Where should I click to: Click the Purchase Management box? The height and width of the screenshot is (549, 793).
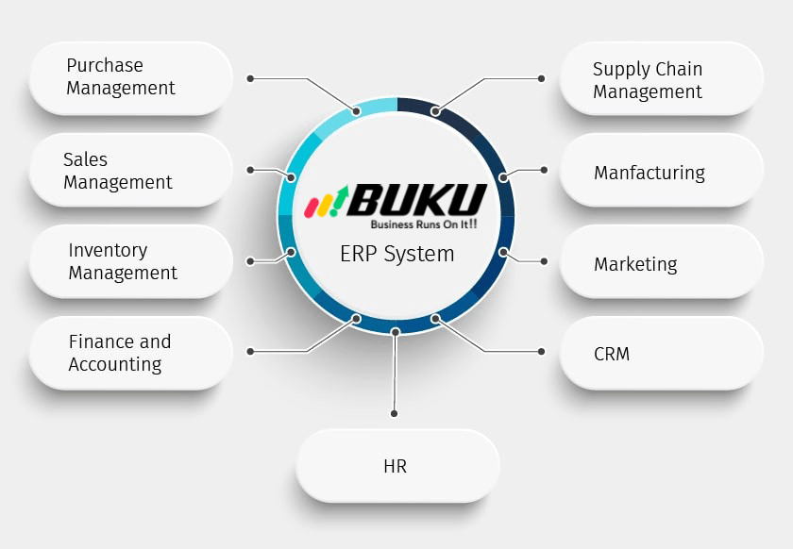130,78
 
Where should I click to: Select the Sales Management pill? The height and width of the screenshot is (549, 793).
130,171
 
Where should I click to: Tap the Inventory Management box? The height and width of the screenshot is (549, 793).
130,261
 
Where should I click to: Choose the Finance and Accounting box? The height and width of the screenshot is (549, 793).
130,353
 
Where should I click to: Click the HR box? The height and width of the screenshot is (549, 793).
396,466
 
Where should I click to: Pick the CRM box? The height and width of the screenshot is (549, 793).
661,354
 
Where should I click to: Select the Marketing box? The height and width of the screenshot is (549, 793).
661,263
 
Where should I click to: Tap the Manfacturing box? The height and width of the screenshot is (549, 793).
661,172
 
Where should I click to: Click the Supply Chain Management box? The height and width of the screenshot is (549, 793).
661,80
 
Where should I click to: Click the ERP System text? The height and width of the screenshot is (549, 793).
396,254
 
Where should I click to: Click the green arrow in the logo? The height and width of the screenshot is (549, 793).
341,195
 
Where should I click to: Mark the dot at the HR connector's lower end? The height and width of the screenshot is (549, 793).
394,413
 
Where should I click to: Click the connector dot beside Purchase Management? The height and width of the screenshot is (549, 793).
250,78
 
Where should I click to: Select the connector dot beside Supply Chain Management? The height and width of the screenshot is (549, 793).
542,78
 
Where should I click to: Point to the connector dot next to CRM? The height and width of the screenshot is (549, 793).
542,351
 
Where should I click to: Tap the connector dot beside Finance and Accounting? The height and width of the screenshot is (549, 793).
250,351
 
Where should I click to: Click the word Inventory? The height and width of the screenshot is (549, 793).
108,250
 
